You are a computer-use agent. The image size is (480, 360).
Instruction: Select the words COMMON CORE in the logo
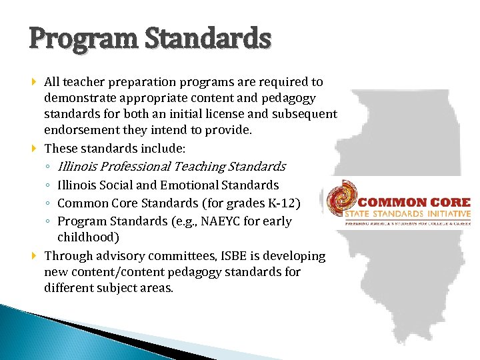pos(414,203)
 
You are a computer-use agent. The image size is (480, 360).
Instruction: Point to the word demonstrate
pos(77,98)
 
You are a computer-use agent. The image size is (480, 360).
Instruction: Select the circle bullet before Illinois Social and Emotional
pos(49,185)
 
